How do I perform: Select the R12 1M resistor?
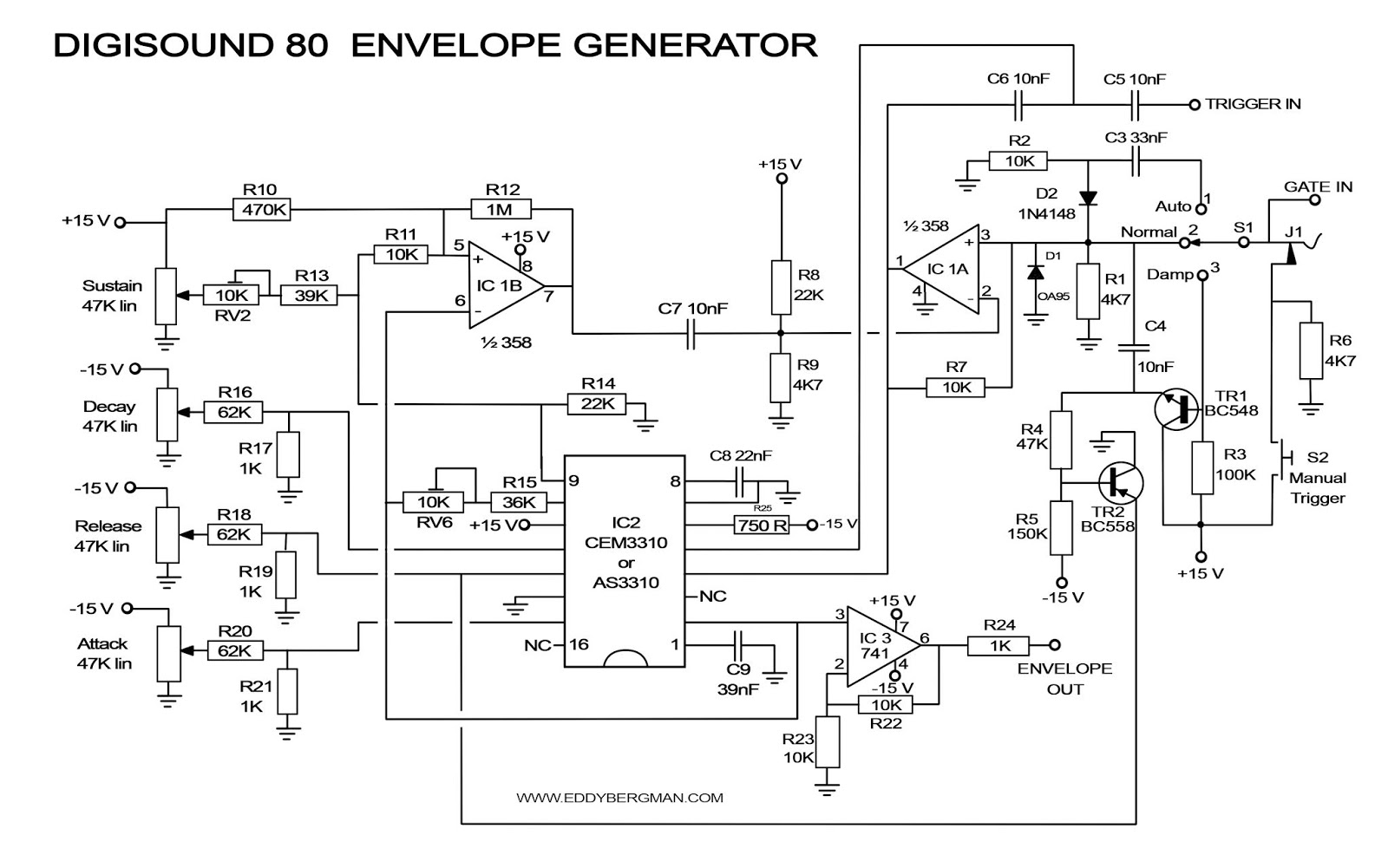[x=501, y=209]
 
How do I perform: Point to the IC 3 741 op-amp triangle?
[x=878, y=646]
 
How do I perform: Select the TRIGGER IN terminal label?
[x=1253, y=104]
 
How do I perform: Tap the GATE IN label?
[x=1317, y=187]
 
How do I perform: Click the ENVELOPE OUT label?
[x=1064, y=679]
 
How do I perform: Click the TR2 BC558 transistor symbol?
[x=1120, y=483]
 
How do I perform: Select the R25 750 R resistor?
[x=761, y=525]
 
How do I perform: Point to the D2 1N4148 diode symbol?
[x=1087, y=199]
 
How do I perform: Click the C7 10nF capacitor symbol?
[x=691, y=333]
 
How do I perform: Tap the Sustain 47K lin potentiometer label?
[x=111, y=296]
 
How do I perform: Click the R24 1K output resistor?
[x=998, y=645]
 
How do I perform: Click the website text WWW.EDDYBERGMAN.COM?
[x=619, y=798]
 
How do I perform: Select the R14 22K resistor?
[x=597, y=403]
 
